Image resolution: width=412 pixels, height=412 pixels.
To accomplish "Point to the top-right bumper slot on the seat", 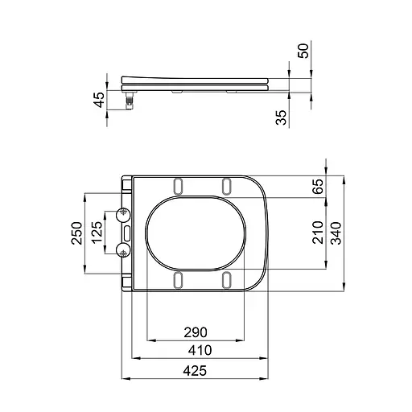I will (x=227, y=185).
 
